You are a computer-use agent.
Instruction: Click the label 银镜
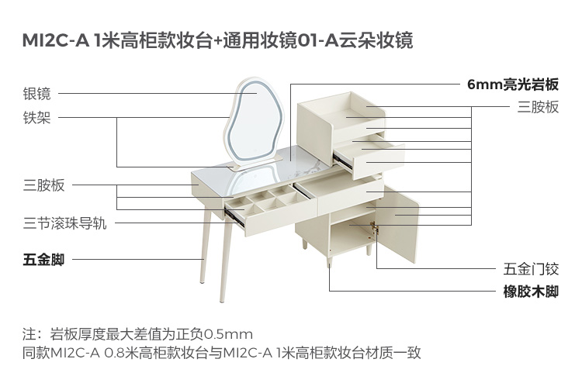[36, 94]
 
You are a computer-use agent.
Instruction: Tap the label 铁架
[36, 118]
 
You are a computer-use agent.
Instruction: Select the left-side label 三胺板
[43, 185]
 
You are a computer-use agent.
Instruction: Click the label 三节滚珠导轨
[64, 224]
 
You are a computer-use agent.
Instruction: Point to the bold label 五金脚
[43, 259]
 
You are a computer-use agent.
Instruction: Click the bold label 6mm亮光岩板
[512, 85]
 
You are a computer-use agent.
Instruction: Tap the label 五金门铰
[531, 270]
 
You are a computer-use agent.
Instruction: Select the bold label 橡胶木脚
[531, 292]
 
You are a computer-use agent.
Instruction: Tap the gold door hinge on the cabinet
[376, 230]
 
